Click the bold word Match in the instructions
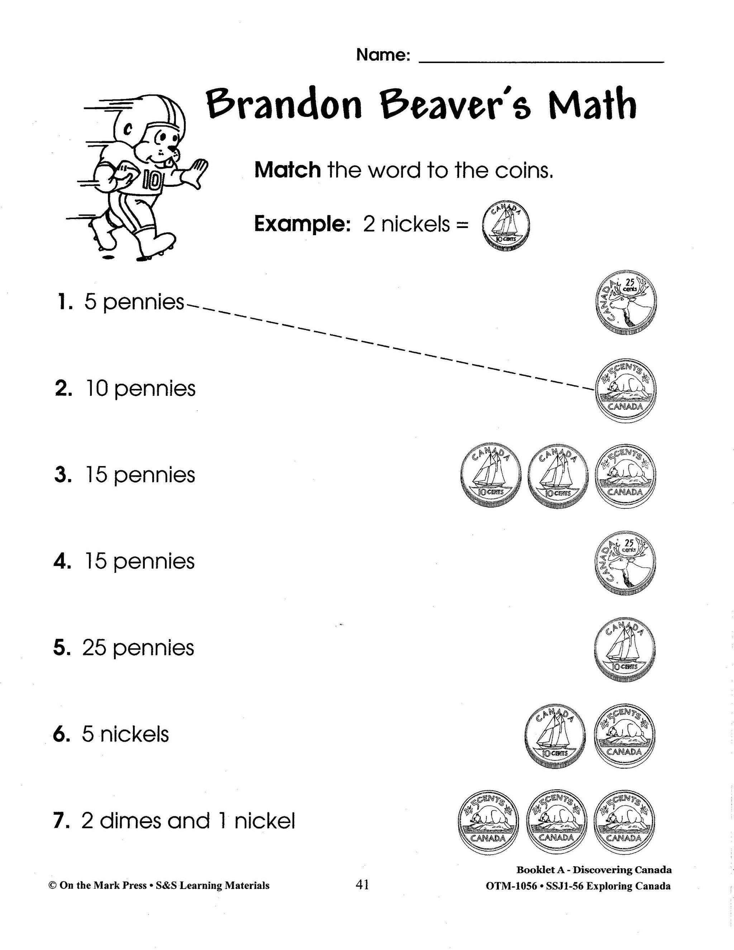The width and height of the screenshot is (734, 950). click(287, 170)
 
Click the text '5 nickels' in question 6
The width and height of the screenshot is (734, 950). click(125, 735)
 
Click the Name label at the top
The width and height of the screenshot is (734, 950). click(383, 55)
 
